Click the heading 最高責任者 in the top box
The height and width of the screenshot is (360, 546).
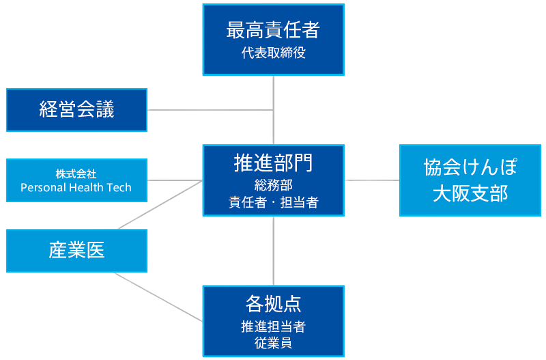(x=273, y=30)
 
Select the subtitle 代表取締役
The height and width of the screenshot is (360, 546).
(x=273, y=53)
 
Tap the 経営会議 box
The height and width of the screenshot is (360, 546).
(x=76, y=109)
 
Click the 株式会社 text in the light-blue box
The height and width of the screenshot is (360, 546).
(x=76, y=174)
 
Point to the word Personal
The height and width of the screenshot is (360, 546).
(x=42, y=187)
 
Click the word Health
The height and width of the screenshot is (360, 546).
(x=87, y=187)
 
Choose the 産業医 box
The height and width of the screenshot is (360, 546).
(x=76, y=251)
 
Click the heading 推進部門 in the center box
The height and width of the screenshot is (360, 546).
(x=273, y=163)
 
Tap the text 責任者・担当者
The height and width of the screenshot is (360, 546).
(x=273, y=202)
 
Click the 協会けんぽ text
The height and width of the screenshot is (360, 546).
(x=470, y=168)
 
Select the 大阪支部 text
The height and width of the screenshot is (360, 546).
(x=470, y=193)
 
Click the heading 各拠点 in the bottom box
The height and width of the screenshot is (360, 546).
(x=273, y=303)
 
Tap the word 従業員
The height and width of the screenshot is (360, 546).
(x=273, y=343)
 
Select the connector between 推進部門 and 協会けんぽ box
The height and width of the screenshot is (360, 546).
(x=372, y=180)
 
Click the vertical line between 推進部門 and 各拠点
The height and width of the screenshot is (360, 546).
(x=274, y=249)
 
